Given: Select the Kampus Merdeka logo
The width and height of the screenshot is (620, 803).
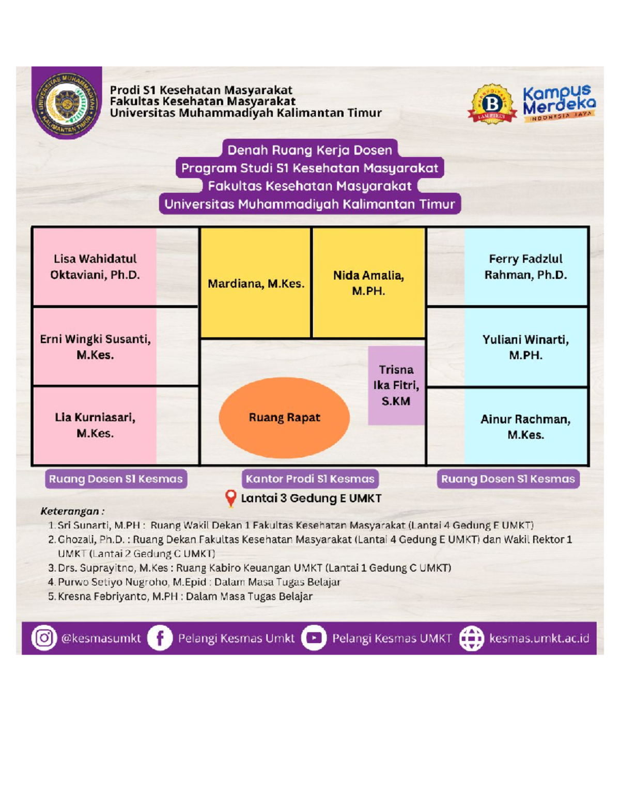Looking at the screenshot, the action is point(559,103).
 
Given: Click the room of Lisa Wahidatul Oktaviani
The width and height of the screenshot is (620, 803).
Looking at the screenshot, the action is point(95,266).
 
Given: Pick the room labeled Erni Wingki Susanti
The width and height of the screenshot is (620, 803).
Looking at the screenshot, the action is point(95,346).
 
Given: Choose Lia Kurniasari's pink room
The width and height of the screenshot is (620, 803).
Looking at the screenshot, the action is point(95,426).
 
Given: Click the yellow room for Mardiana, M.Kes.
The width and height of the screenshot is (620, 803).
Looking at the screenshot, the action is point(255,283).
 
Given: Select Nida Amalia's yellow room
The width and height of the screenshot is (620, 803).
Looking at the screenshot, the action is point(368,283).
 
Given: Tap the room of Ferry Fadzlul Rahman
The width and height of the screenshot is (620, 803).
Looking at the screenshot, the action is point(525,267).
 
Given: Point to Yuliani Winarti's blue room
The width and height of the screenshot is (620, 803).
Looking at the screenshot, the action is point(525,347).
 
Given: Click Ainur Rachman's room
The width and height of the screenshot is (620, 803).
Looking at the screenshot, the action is point(525,427).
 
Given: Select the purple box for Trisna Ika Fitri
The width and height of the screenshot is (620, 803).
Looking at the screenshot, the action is point(396,385).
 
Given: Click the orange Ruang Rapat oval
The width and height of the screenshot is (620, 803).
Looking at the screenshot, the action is point(284,418).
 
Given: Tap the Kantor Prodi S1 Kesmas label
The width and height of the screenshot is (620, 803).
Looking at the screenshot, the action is point(310,479).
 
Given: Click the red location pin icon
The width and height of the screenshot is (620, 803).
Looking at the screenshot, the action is point(231,498).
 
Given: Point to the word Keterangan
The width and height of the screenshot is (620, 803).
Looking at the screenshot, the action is point(70,511).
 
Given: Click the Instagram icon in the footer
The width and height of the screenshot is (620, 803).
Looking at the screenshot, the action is point(44,638).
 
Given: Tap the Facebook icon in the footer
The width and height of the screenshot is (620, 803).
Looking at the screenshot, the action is point(160,638).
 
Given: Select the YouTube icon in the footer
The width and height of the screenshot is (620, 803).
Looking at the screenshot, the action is point(314,638).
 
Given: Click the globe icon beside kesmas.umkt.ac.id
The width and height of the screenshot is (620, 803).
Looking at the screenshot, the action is point(472,638).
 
